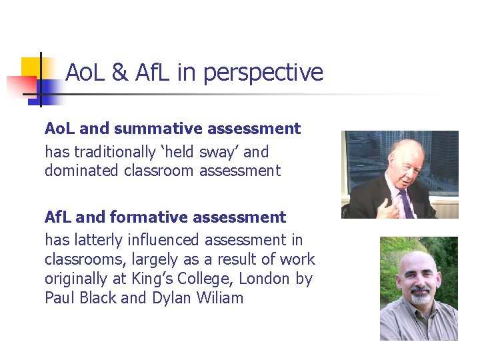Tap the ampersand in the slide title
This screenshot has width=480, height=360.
pos(120,73)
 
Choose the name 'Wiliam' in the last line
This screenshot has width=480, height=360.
pos(220,298)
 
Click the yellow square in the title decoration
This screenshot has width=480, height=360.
pos(30,67)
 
